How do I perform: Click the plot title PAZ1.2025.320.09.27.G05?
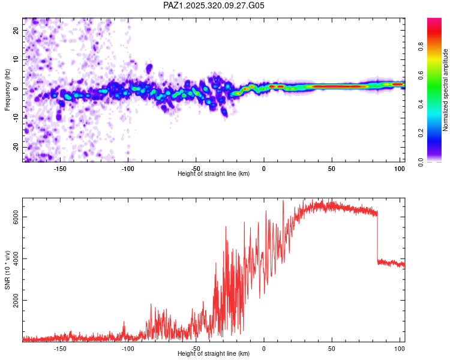click(214, 5)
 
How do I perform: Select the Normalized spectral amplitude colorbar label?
click(445, 90)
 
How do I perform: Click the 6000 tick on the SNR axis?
click(16, 217)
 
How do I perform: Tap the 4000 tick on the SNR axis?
click(16, 259)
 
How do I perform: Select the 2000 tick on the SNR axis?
click(16, 301)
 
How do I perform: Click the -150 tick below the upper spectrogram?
click(60, 169)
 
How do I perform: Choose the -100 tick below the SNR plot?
click(128, 349)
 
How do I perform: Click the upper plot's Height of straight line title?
click(214, 174)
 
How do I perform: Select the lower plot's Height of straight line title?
click(214, 354)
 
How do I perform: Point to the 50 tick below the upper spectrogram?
click(332, 169)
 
